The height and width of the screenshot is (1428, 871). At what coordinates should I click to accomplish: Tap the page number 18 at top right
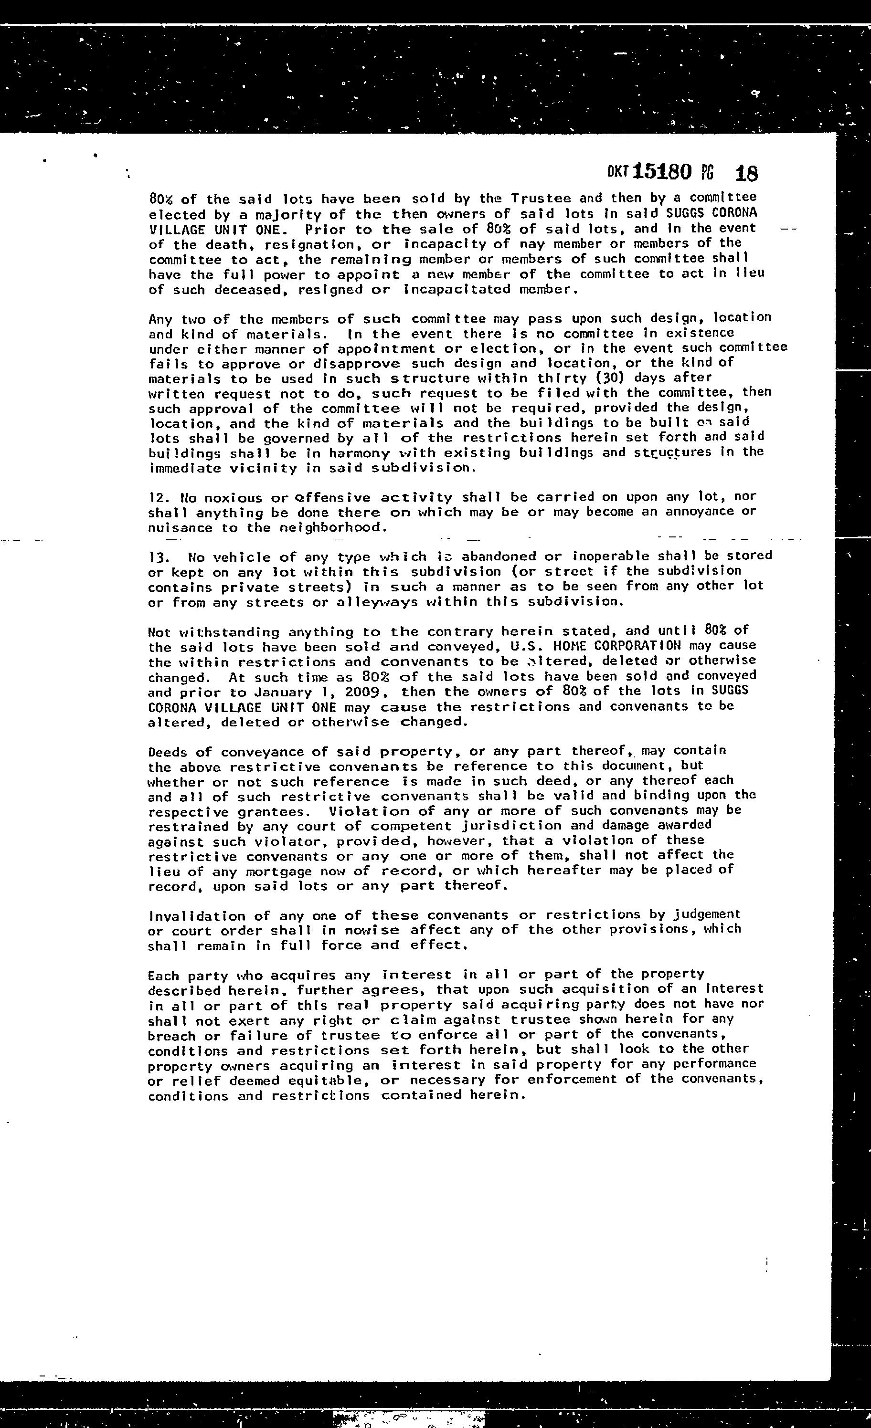[x=746, y=173]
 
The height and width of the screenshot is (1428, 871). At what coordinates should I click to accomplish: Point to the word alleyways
[x=377, y=602]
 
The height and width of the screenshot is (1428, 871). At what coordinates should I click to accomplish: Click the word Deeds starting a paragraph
[x=167, y=752]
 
